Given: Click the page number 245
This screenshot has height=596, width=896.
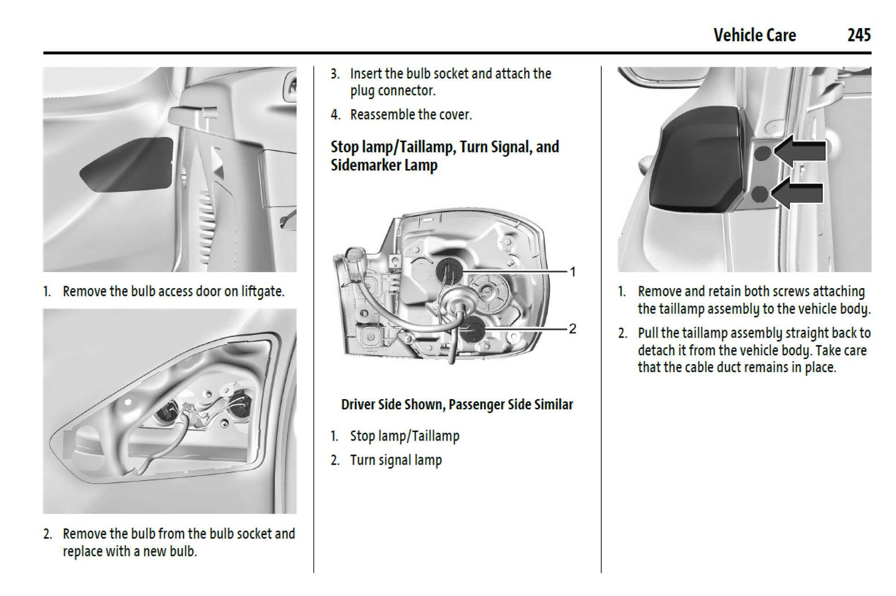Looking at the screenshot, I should pyautogui.click(x=859, y=35).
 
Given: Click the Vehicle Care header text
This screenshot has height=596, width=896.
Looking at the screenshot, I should pyautogui.click(x=754, y=35).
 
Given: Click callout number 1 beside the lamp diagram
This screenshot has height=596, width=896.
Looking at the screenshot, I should pyautogui.click(x=572, y=272).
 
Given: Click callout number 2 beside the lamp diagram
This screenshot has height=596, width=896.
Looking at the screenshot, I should pyautogui.click(x=572, y=329).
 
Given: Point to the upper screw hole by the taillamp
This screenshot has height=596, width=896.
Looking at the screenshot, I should pyautogui.click(x=762, y=153).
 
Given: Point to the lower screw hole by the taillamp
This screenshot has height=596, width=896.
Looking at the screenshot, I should pyautogui.click(x=759, y=194).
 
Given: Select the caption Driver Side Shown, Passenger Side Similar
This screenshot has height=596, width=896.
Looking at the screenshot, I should pyautogui.click(x=457, y=404).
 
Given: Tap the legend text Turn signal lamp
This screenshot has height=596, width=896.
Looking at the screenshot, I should pyautogui.click(x=396, y=460).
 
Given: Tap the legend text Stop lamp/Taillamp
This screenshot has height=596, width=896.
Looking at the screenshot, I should pyautogui.click(x=404, y=436).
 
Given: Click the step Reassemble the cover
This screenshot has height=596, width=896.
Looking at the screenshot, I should pyautogui.click(x=411, y=114).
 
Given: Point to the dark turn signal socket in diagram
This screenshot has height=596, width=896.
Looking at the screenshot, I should pyautogui.click(x=472, y=329).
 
